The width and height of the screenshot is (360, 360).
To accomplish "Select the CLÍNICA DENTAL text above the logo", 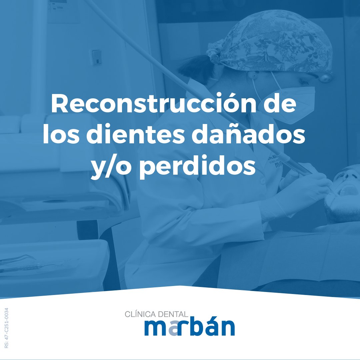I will [x=156, y=314].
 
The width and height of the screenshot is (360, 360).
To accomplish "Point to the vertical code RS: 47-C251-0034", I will [x=7, y=328].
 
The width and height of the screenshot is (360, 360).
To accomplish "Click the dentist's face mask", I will [x=293, y=100].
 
